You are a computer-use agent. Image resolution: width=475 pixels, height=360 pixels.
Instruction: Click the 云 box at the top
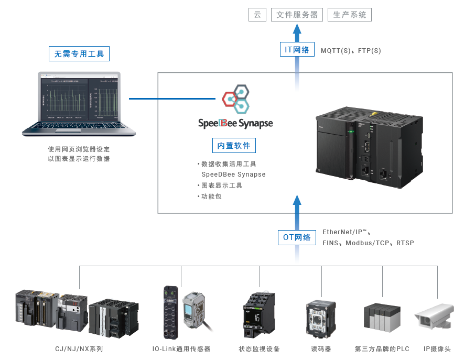click(x=257, y=15)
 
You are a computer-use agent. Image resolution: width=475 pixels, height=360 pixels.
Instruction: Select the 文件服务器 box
click(x=297, y=15)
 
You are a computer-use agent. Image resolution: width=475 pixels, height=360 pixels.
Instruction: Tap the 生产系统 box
click(x=350, y=15)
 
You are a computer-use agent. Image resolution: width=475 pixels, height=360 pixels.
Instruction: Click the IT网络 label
click(x=297, y=50)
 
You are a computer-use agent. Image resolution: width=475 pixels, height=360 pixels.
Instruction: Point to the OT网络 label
click(x=297, y=237)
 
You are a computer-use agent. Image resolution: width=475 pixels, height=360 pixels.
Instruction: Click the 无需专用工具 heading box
click(x=79, y=53)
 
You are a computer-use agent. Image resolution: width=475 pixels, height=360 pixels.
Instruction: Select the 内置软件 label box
click(x=234, y=146)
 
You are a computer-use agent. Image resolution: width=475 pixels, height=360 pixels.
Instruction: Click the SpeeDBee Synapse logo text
click(x=235, y=123)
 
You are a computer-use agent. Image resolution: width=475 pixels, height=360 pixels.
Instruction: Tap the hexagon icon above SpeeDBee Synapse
click(x=235, y=100)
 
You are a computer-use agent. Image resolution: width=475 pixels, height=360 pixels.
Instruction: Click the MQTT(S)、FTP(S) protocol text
click(x=351, y=51)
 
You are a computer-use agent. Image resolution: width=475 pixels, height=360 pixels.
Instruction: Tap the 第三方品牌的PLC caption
click(x=382, y=349)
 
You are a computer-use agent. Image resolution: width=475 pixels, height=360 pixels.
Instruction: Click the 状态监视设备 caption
click(x=259, y=349)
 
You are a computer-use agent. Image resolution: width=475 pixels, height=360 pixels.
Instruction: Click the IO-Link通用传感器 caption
click(x=181, y=349)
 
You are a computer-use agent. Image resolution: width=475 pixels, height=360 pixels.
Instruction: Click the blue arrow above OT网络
click(x=297, y=207)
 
